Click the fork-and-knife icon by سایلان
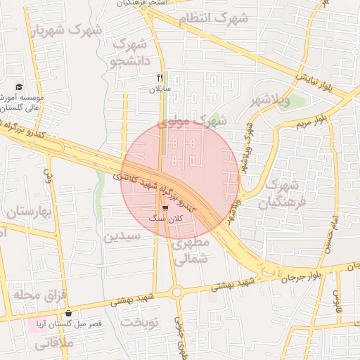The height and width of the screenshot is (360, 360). click(x=160, y=78)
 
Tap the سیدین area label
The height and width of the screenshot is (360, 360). click(x=123, y=236)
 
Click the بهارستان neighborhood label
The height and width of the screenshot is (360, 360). click(x=30, y=212)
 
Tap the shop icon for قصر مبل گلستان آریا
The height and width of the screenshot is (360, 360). click(x=69, y=314)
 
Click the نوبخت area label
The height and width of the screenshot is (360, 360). click(x=140, y=321)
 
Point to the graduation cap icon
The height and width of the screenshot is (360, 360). click(x=18, y=86)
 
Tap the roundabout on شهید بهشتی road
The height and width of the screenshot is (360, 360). click(x=176, y=292)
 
